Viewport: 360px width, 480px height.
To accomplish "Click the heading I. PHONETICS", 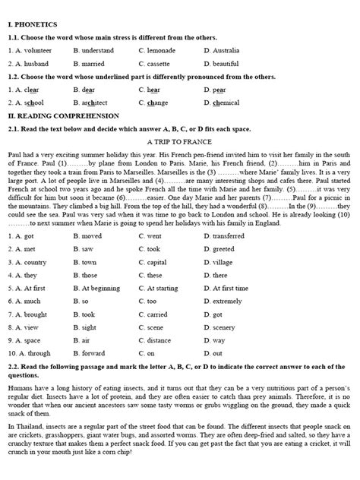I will (33, 24).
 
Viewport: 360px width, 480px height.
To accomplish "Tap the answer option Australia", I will (223, 50).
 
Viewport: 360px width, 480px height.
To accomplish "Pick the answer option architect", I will (90, 103).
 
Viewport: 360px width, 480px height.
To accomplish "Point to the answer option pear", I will (216, 89).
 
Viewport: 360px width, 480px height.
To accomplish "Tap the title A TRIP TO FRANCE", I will (179, 141).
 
